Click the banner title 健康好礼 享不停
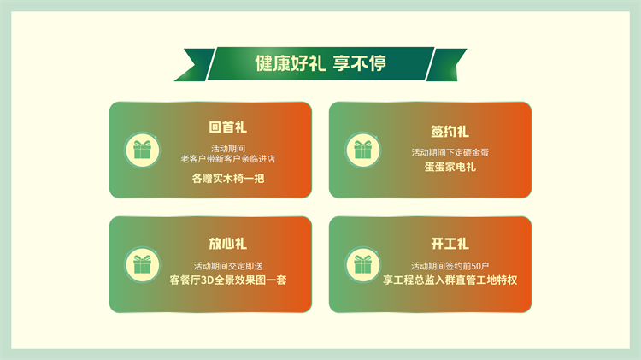(320, 63)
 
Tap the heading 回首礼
(227, 127)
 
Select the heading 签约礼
(450, 132)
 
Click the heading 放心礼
(227, 244)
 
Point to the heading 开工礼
(450, 244)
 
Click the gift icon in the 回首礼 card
(142, 150)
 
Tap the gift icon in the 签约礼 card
(362, 150)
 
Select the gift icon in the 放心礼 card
(142, 265)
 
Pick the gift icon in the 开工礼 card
(362, 265)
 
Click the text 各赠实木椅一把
(228, 179)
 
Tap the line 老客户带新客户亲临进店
(228, 159)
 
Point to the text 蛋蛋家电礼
(450, 167)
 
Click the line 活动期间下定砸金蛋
(450, 152)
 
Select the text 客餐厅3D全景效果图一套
(228, 280)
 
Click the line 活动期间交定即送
(228, 266)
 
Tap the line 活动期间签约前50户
(450, 266)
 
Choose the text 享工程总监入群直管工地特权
(450, 280)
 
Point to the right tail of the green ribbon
(446, 65)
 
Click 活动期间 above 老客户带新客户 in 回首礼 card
(228, 148)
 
